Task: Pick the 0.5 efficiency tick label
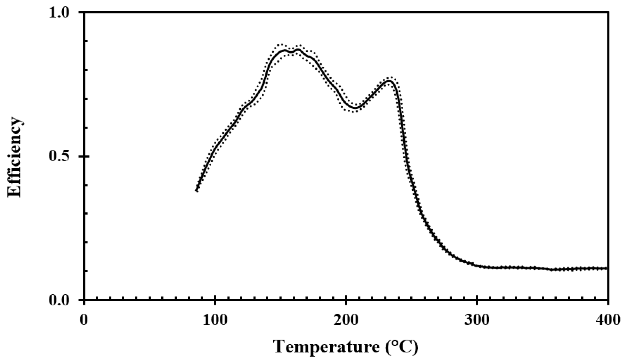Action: pyautogui.click(x=62, y=156)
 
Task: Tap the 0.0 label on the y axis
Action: pyautogui.click(x=62, y=300)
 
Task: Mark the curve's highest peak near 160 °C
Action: pyautogui.click(x=297, y=50)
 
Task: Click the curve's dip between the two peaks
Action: pyautogui.click(x=355, y=108)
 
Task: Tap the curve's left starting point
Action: pyautogui.click(x=197, y=190)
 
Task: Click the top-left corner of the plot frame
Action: pyautogui.click(x=84, y=12)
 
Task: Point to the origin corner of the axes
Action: pyautogui.click(x=84, y=300)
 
